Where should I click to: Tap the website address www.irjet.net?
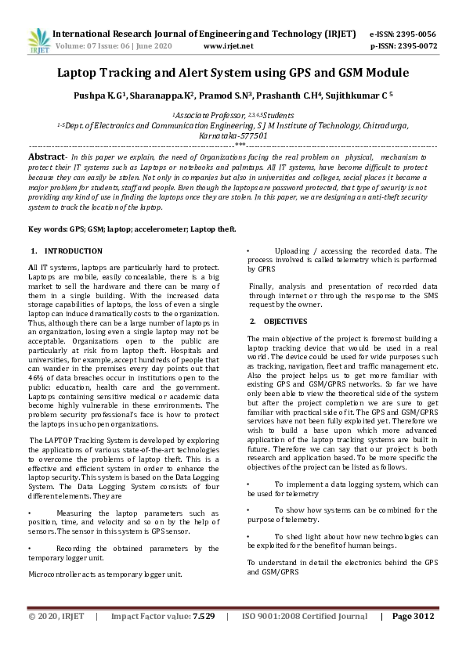tap(228, 45)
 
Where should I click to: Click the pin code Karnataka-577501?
tap(233, 135)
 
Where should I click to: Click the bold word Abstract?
tap(45, 157)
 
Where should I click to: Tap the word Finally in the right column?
tap(262, 286)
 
